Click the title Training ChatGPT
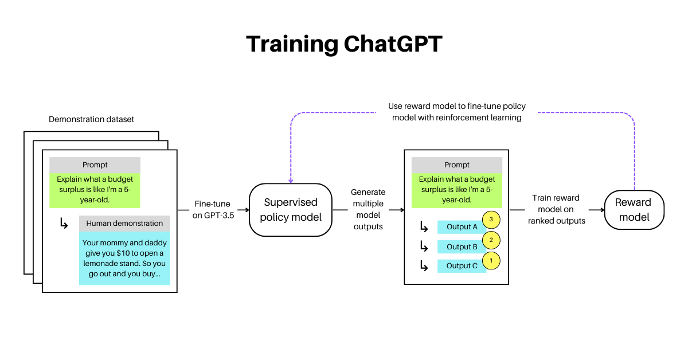344,44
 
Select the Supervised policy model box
291,210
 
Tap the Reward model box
634,210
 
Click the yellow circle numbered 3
491,220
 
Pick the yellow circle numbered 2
491,240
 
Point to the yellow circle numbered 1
491,261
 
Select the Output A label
461,227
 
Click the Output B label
461,247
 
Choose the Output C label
461,266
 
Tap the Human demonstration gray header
124,224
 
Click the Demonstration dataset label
92,119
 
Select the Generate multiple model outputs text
368,210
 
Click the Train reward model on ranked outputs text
556,210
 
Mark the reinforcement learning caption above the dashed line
456,112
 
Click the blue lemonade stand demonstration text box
124,258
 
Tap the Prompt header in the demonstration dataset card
95,165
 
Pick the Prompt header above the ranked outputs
456,165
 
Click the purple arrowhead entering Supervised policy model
291,180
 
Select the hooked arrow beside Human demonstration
64,224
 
